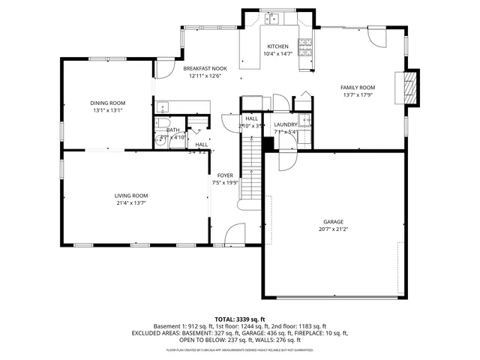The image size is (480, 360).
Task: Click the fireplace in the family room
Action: pyautogui.click(x=409, y=88)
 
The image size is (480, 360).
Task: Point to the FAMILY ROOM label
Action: pyautogui.click(x=358, y=88)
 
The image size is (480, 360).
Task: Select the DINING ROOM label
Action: pyautogui.click(x=108, y=103)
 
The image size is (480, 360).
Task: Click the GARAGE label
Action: pyautogui.click(x=333, y=222)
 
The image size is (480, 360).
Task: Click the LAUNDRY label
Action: pyautogui.click(x=286, y=124)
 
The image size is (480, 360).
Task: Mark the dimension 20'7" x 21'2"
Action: pyautogui.click(x=333, y=229)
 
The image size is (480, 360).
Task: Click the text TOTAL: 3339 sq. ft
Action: pyautogui.click(x=240, y=319)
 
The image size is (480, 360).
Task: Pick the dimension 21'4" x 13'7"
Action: pyautogui.click(x=130, y=202)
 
